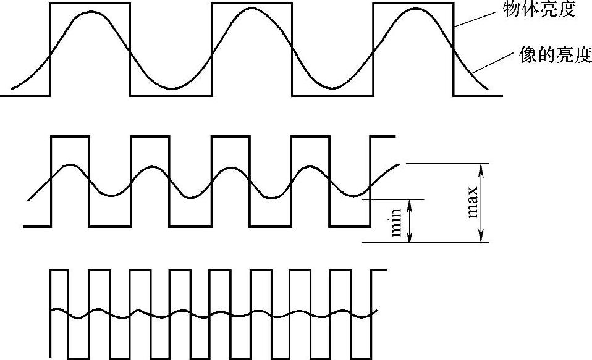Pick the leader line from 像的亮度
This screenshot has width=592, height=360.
(x=494, y=64)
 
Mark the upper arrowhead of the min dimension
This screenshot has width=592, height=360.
(x=410, y=204)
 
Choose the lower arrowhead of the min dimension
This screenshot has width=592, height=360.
(x=410, y=238)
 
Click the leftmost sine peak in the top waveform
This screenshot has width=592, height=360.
(x=90, y=12)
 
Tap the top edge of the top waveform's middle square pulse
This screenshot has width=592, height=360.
(x=252, y=4)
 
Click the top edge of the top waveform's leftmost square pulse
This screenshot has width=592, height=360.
(x=90, y=4)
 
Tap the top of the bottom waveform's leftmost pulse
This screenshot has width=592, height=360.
(x=59, y=270)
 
